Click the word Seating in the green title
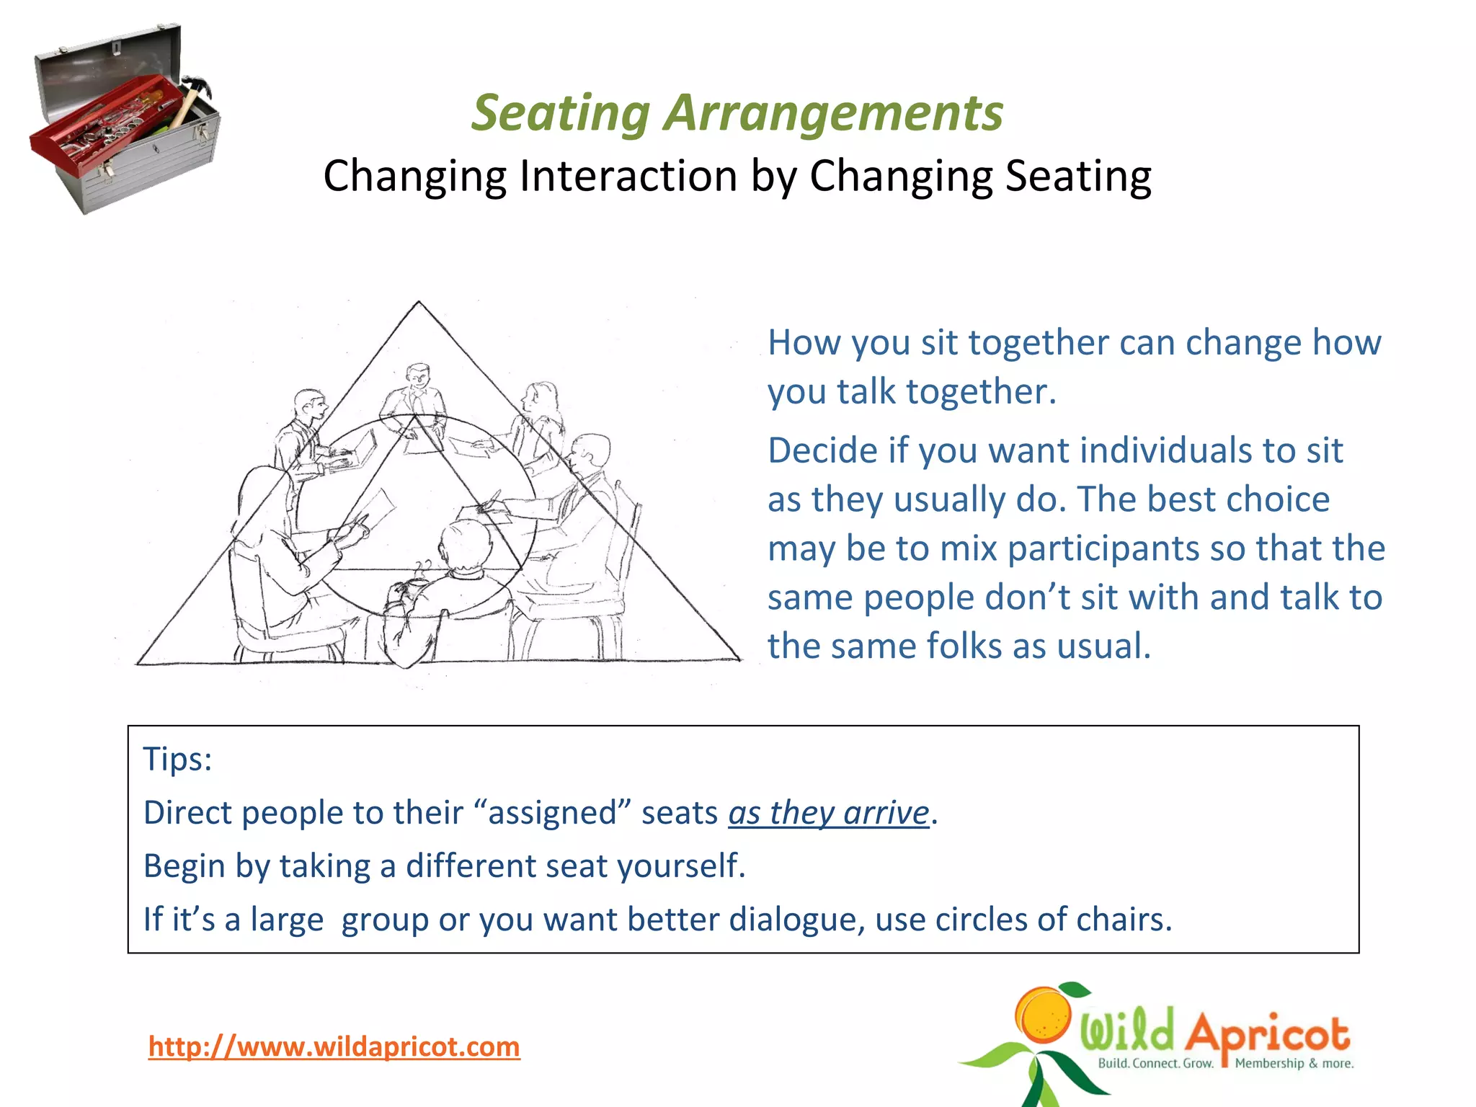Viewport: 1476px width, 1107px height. pyautogui.click(x=561, y=113)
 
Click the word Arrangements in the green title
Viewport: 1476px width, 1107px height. pyautogui.click(x=833, y=113)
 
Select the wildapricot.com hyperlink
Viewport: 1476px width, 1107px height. pyautogui.click(x=334, y=1046)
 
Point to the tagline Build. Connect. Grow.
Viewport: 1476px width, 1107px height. pyautogui.click(x=1155, y=1064)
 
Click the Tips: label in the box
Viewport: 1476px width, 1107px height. pyautogui.click(x=177, y=759)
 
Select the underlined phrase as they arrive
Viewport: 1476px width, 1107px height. pyautogui.click(x=828, y=813)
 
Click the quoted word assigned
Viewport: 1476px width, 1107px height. pyautogui.click(x=553, y=813)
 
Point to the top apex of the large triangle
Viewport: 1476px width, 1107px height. pyautogui.click(x=419, y=303)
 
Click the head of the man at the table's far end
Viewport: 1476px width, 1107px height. pyautogui.click(x=417, y=376)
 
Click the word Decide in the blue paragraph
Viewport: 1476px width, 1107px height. pyautogui.click(x=822, y=450)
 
